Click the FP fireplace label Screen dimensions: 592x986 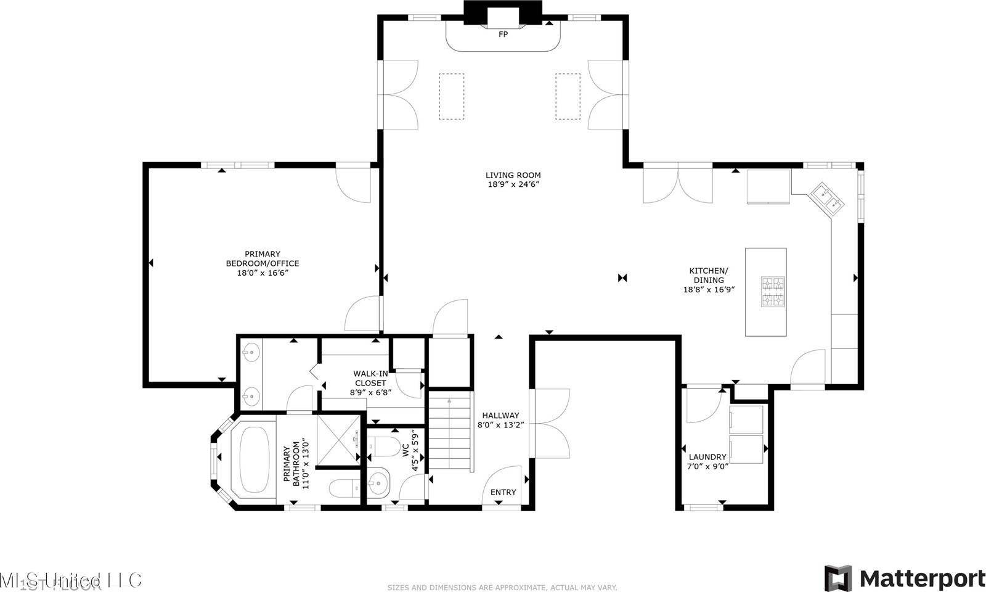(x=503, y=35)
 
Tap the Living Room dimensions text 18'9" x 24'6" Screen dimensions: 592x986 (x=513, y=184)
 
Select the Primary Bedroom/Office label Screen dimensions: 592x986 (x=263, y=258)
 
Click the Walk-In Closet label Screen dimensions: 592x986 (x=370, y=378)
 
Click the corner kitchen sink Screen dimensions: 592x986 (x=826, y=198)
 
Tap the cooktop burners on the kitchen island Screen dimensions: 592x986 (x=773, y=292)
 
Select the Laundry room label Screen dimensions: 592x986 (x=707, y=457)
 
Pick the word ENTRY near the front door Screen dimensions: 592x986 (x=503, y=492)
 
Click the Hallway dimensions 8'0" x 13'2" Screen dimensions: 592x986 (x=500, y=424)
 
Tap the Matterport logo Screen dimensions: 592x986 (x=905, y=578)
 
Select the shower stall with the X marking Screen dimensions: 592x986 (x=340, y=437)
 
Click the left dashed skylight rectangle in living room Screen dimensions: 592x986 (x=451, y=96)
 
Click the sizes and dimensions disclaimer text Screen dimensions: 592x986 (x=502, y=588)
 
